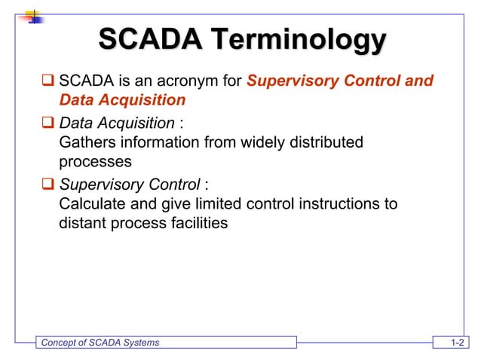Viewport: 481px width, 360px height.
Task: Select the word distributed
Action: pyautogui.click(x=328, y=142)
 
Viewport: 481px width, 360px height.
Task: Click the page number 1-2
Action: pyautogui.click(x=456, y=343)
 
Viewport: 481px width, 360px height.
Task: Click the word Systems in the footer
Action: pyautogui.click(x=141, y=343)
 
